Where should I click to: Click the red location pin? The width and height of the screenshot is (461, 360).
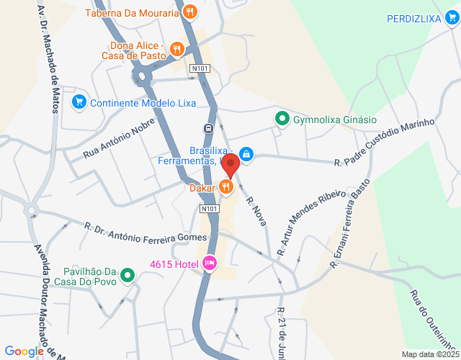[x=230, y=165]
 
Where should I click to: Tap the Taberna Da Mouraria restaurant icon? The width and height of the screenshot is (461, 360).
[x=189, y=12]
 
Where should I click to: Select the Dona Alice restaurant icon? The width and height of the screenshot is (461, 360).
[x=177, y=49]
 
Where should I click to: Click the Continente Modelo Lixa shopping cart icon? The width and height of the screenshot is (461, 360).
[x=79, y=102]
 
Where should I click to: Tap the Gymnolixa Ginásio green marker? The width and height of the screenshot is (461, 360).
[x=283, y=120]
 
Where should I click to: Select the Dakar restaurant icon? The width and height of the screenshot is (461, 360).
[x=226, y=187]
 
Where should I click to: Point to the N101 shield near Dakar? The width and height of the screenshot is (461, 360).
[x=209, y=209]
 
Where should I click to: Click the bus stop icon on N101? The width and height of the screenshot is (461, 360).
[x=208, y=128]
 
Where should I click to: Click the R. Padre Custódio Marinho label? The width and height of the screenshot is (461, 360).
[x=385, y=142]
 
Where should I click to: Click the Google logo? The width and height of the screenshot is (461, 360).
[x=24, y=351]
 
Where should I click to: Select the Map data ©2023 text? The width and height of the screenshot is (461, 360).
[x=429, y=354]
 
